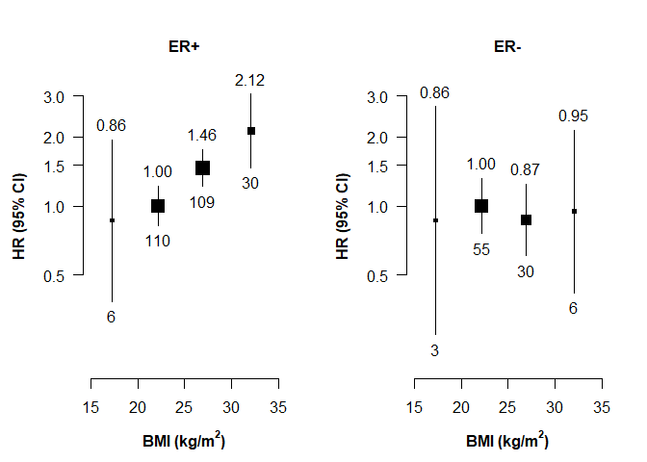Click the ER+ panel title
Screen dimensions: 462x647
pyautogui.click(x=184, y=46)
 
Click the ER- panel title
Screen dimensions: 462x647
pyautogui.click(x=507, y=46)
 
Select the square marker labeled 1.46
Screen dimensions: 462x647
pyautogui.click(x=202, y=167)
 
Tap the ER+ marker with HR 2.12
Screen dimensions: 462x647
pyautogui.click(x=251, y=131)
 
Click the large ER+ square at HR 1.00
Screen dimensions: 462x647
pyautogui.click(x=158, y=206)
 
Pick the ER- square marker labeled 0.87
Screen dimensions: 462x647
pyautogui.click(x=526, y=220)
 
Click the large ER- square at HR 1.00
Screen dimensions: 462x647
pyautogui.click(x=481, y=206)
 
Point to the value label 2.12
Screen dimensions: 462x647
pyautogui.click(x=250, y=81)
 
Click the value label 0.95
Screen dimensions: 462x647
pyautogui.click(x=573, y=116)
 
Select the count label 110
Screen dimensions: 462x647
pyautogui.click(x=158, y=242)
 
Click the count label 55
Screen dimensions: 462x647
pyautogui.click(x=481, y=249)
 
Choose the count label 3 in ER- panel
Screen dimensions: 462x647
pyautogui.click(x=435, y=351)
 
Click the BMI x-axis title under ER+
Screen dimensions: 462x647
pyautogui.click(x=184, y=442)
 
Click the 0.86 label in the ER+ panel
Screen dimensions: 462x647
pyautogui.click(x=112, y=125)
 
